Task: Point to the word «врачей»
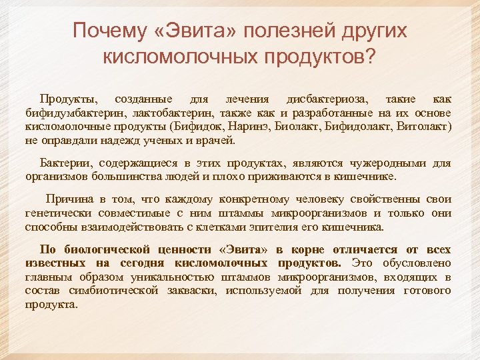point(219,141)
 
